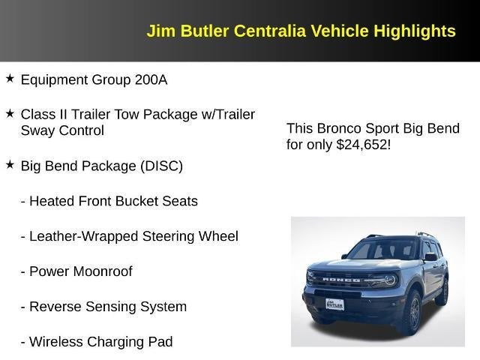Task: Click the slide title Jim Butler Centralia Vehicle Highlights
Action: point(301,31)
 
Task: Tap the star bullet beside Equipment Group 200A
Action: point(10,78)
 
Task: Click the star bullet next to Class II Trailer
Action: point(10,113)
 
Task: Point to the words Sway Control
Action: point(62,130)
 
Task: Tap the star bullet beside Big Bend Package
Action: point(10,164)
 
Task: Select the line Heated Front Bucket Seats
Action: point(109,201)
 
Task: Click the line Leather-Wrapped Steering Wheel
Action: point(129,236)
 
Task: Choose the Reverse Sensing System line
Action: point(103,307)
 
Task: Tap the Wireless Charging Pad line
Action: point(96,342)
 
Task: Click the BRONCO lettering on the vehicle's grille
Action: point(341,279)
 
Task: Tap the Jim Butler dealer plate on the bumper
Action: point(335,305)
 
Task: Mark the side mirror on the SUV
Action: point(430,257)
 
